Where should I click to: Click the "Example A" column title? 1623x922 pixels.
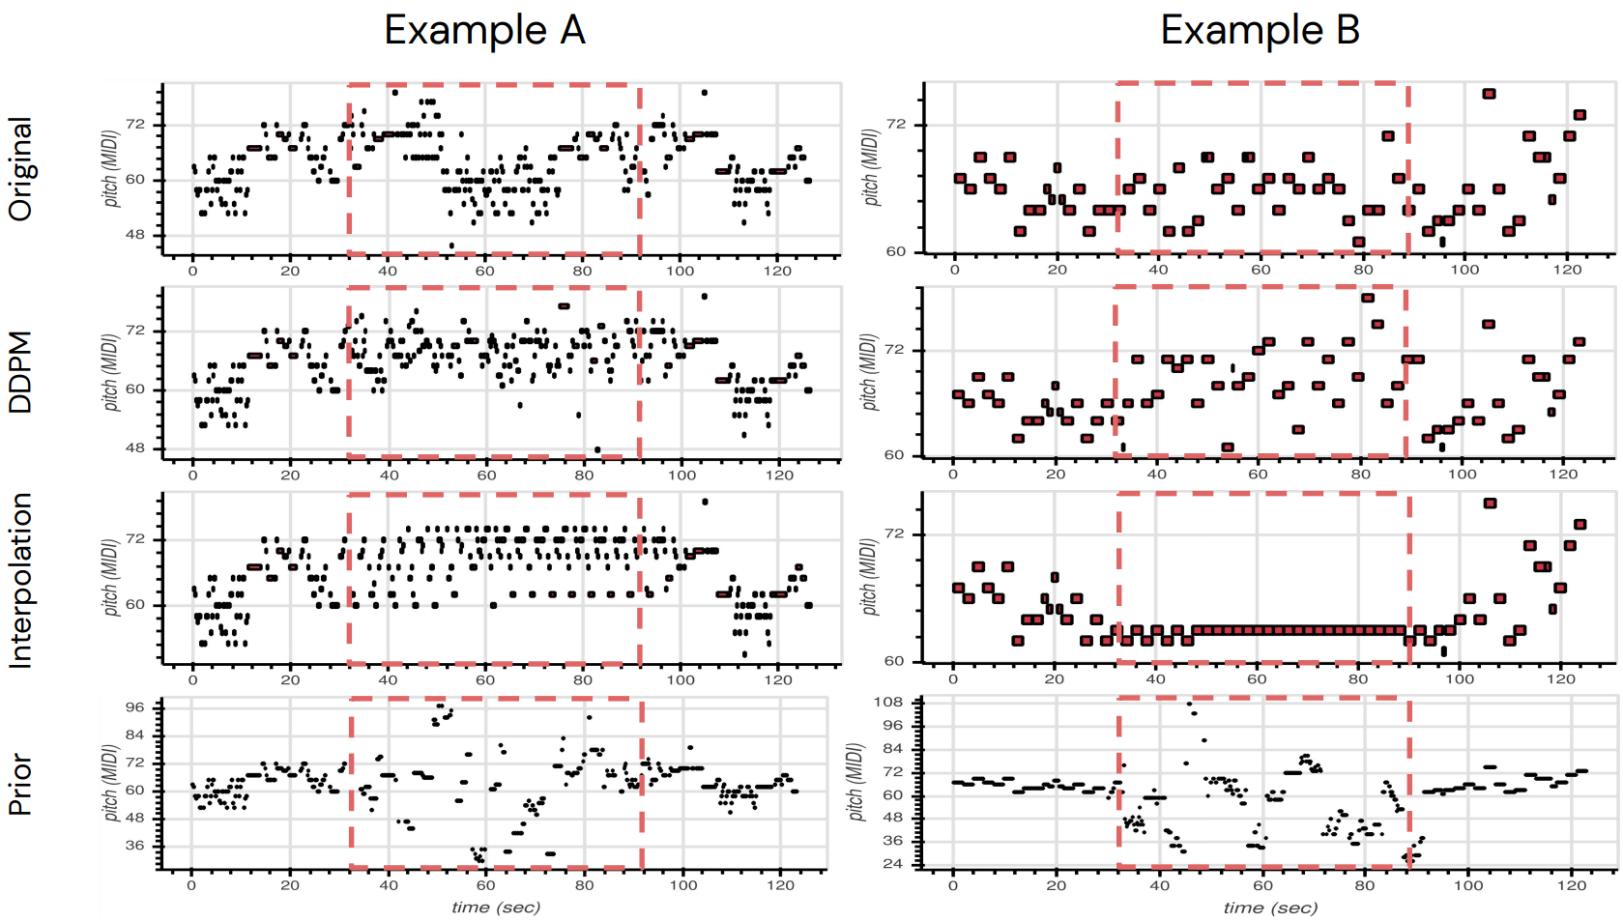pos(484,30)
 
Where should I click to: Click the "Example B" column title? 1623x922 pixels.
pos(1260,30)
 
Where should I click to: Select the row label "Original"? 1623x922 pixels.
pos(20,168)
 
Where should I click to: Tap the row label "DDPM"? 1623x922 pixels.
pos(20,372)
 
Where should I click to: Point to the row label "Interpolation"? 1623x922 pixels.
pos(20,580)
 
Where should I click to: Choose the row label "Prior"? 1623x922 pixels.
pos(20,785)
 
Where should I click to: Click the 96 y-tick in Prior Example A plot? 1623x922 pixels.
pos(134,706)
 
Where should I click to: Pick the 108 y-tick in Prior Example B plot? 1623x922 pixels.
pos(888,702)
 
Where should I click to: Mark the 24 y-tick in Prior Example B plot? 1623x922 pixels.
pos(893,864)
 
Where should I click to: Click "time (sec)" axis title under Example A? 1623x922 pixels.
pos(496,907)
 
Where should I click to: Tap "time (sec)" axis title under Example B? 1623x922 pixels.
pos(1270,907)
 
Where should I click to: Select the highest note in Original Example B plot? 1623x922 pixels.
pos(1489,94)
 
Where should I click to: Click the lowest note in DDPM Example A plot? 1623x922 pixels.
pos(597,449)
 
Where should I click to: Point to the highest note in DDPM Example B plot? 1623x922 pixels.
pos(1367,298)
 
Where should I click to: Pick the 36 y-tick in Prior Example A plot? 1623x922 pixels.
pos(134,846)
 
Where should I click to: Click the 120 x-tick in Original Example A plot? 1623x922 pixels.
pos(777,271)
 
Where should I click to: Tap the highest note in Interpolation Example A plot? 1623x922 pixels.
pos(705,502)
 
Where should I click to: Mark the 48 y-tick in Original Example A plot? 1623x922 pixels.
pos(134,235)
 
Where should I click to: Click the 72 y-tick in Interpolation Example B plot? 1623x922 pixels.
pos(895,533)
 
